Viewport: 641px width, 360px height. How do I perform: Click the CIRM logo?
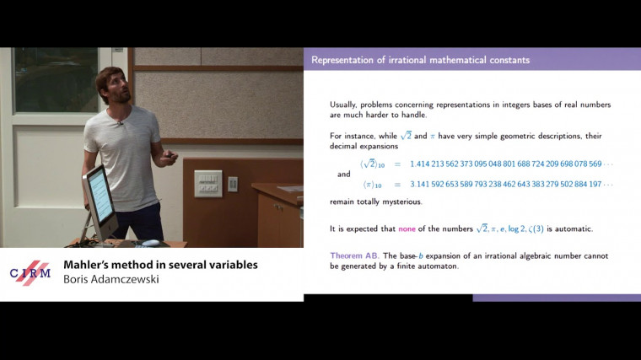pos(30,272)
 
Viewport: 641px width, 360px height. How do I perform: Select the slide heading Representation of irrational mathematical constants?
pos(420,60)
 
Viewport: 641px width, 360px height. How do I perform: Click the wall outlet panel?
pos(207,183)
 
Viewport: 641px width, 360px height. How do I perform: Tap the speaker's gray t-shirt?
pos(125,156)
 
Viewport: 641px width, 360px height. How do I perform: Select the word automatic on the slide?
pos(576,228)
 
